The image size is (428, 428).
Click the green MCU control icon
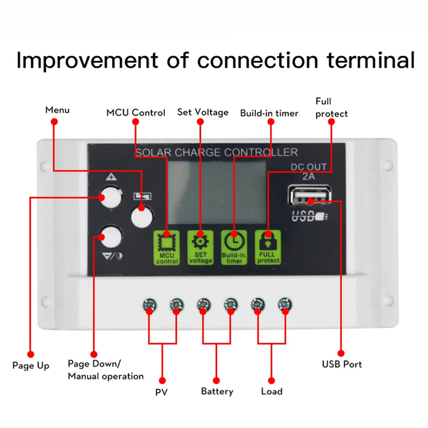click(x=166, y=247)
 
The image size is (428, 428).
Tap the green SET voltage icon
click(x=200, y=247)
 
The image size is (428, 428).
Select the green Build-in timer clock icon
click(x=234, y=247)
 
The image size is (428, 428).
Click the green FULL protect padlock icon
click(x=268, y=247)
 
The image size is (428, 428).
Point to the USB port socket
click(x=310, y=195)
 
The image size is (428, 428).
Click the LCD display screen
click(x=217, y=193)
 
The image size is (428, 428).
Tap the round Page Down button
click(x=111, y=237)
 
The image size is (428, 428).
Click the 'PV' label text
click(x=161, y=392)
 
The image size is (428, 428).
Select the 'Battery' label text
click(x=217, y=391)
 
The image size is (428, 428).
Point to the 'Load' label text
click(x=272, y=391)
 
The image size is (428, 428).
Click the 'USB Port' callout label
click(x=342, y=364)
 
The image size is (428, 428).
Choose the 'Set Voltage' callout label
click(x=203, y=112)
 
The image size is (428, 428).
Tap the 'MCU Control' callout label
click(x=136, y=112)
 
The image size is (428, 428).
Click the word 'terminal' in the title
click(x=371, y=60)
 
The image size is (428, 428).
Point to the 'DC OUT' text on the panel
click(x=309, y=167)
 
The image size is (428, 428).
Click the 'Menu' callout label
click(x=58, y=110)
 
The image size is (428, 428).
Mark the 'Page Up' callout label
click(x=31, y=366)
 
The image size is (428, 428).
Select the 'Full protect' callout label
click(x=331, y=107)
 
